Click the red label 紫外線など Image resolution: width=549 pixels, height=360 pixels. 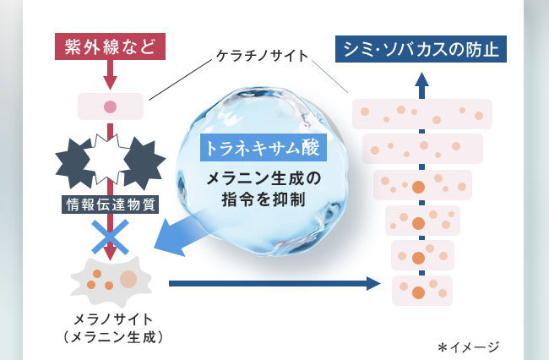pyautogui.click(x=110, y=46)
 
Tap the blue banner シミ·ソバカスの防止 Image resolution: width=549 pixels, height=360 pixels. pyautogui.click(x=421, y=49)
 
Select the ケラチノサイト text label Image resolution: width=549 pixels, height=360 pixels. pyautogui.click(x=262, y=56)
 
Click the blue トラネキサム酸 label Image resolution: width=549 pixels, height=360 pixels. pyautogui.click(x=264, y=147)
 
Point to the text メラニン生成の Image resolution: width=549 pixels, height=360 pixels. pyautogui.click(x=264, y=179)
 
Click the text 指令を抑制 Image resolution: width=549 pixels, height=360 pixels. pyautogui.click(x=264, y=199)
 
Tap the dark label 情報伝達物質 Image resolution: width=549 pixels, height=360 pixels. pyautogui.click(x=111, y=205)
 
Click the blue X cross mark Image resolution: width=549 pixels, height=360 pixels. pyautogui.click(x=111, y=237)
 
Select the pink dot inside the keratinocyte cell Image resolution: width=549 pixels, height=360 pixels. pyautogui.click(x=111, y=106)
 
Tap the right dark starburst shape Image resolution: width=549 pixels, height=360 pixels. pyautogui.click(x=144, y=163)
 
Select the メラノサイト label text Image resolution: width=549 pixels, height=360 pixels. pyautogui.click(x=113, y=319)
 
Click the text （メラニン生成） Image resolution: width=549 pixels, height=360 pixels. pyautogui.click(x=113, y=337)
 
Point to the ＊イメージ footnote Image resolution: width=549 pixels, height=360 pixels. pyautogui.click(x=468, y=347)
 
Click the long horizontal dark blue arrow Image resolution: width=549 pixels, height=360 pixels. pyautogui.click(x=274, y=283)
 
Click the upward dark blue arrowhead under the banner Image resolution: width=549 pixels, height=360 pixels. pyautogui.click(x=422, y=79)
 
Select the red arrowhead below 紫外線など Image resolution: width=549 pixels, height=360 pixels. pyautogui.click(x=111, y=84)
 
